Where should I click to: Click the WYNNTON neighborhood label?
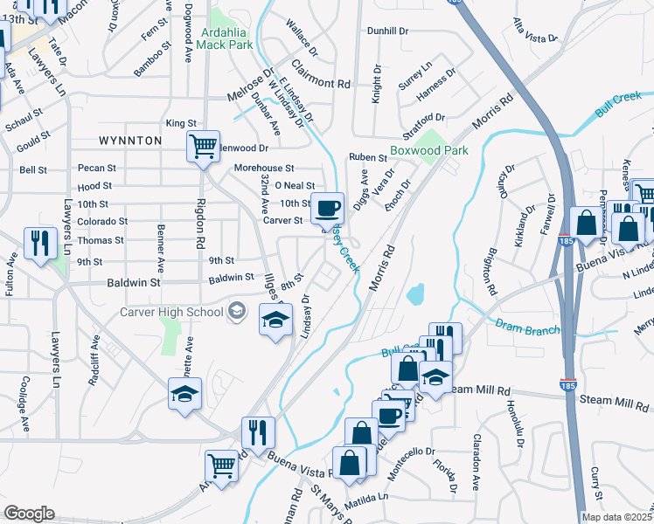(130, 140)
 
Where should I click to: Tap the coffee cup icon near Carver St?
(328, 207)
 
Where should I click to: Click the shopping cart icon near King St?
(203, 146)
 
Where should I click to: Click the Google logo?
(30, 514)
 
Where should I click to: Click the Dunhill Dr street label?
(388, 31)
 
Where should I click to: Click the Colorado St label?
(101, 222)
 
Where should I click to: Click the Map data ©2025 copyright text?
(617, 517)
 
